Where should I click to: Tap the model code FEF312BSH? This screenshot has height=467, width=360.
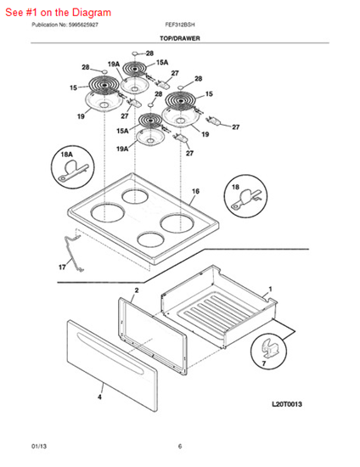point(181,26)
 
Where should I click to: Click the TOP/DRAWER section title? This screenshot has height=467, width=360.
point(180,41)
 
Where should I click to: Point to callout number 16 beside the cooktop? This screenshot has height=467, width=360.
point(195,193)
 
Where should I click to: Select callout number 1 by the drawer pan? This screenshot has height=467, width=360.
point(271,290)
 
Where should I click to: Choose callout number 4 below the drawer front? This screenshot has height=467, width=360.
point(100,396)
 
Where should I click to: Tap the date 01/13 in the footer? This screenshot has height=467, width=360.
point(39,446)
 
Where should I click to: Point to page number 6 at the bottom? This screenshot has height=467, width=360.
point(180,446)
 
